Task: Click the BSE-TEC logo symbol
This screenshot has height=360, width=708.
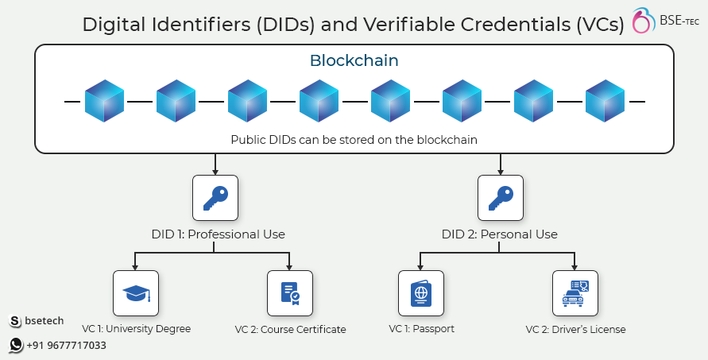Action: pos(643,21)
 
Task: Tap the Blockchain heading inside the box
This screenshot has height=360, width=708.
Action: pos(354,60)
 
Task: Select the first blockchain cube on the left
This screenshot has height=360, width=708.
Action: pos(104,101)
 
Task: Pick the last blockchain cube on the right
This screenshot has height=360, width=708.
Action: pos(605,101)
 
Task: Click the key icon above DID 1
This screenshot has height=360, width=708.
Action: pos(215,199)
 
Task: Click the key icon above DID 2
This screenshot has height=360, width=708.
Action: pos(501,199)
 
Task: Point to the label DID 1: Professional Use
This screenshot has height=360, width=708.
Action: pos(218,234)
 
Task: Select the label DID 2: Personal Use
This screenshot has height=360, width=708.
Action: pos(499,234)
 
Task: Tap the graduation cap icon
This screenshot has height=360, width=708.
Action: pos(136,293)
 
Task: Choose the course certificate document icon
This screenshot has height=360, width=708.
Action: pos(290,293)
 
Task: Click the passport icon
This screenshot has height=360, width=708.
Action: pos(421,293)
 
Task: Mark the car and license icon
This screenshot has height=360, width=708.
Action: pos(575,293)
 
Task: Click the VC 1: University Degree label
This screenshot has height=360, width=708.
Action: pos(137,329)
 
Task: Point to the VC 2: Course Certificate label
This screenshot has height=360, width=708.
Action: pos(290,329)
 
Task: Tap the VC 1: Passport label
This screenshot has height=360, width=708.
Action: pos(422,329)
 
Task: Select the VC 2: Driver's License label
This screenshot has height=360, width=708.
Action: pos(576,329)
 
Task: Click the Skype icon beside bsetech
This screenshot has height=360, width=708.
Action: pos(15,321)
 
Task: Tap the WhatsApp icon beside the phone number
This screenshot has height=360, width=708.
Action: pos(16,345)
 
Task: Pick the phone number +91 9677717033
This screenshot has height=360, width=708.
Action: pos(67,346)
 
